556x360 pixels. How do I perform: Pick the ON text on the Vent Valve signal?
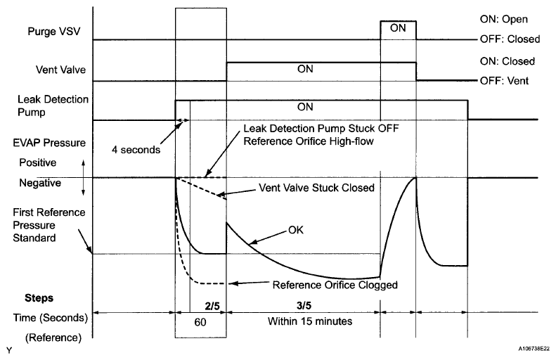pyautogui.click(x=305, y=70)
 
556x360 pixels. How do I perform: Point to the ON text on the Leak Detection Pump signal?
pyautogui.click(x=305, y=108)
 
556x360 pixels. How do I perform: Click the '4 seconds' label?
pyautogui.click(x=136, y=149)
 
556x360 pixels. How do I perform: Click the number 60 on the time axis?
pyautogui.click(x=200, y=321)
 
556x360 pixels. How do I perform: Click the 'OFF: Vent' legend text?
pyautogui.click(x=505, y=81)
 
